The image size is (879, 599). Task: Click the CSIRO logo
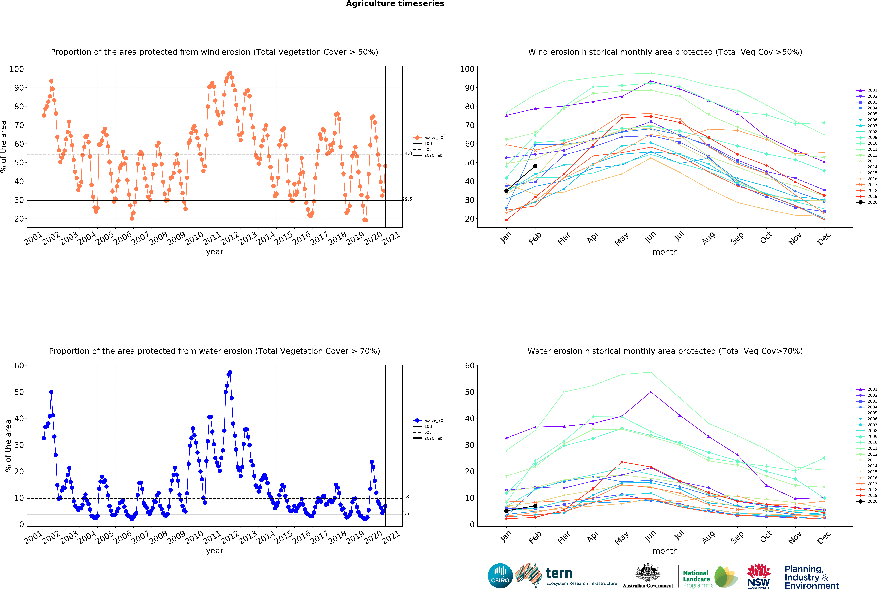(500, 576)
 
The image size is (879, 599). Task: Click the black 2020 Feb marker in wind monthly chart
(535, 166)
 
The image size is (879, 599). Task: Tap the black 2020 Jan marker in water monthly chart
(506, 511)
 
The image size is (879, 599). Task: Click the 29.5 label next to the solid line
(407, 199)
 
